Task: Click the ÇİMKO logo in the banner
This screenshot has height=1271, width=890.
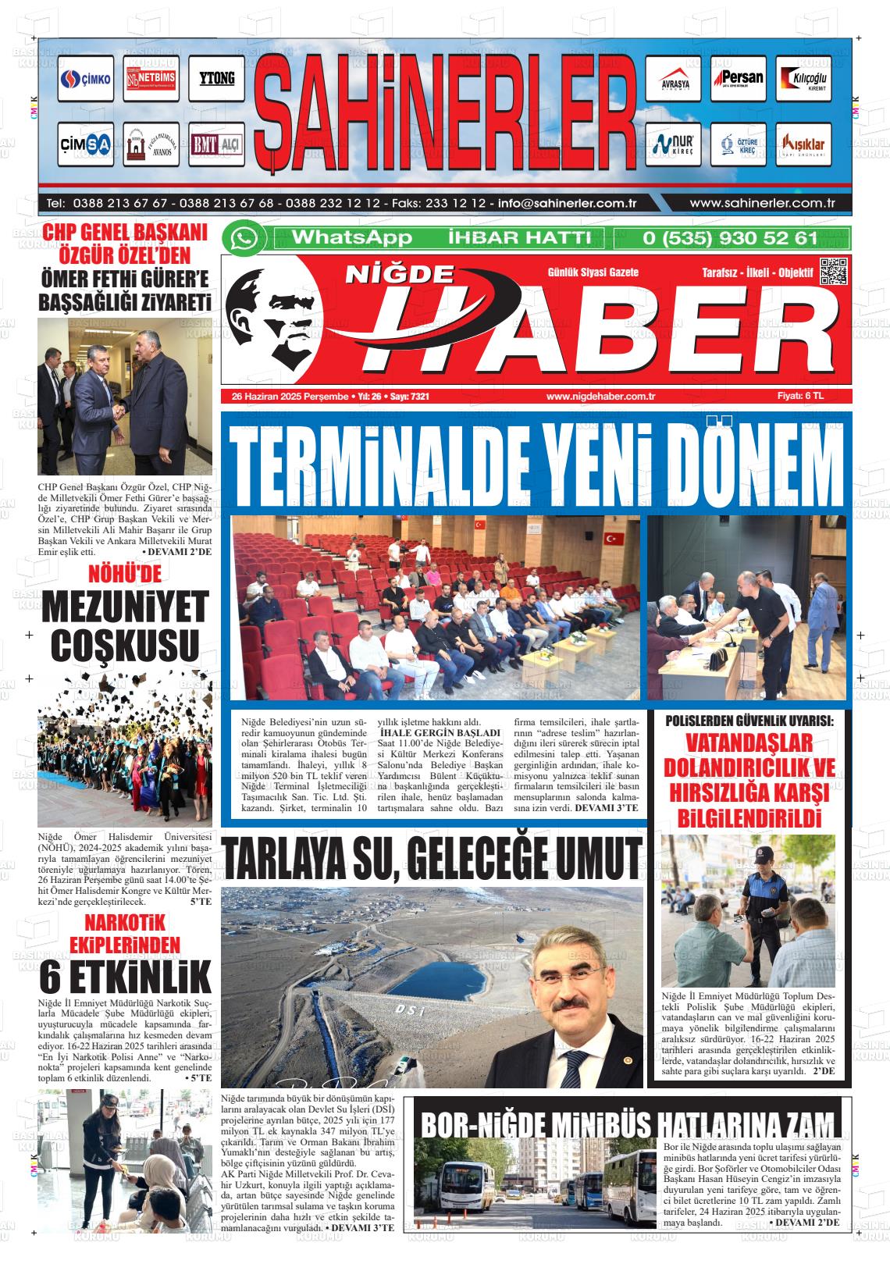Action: click(x=86, y=80)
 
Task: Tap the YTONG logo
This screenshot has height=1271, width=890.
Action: click(x=216, y=80)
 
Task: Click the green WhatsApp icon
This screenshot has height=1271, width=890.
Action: click(x=244, y=238)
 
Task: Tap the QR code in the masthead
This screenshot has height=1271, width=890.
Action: click(x=833, y=271)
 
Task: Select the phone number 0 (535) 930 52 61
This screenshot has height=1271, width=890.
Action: click(x=730, y=238)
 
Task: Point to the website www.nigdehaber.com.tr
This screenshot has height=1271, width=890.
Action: click(x=600, y=397)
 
